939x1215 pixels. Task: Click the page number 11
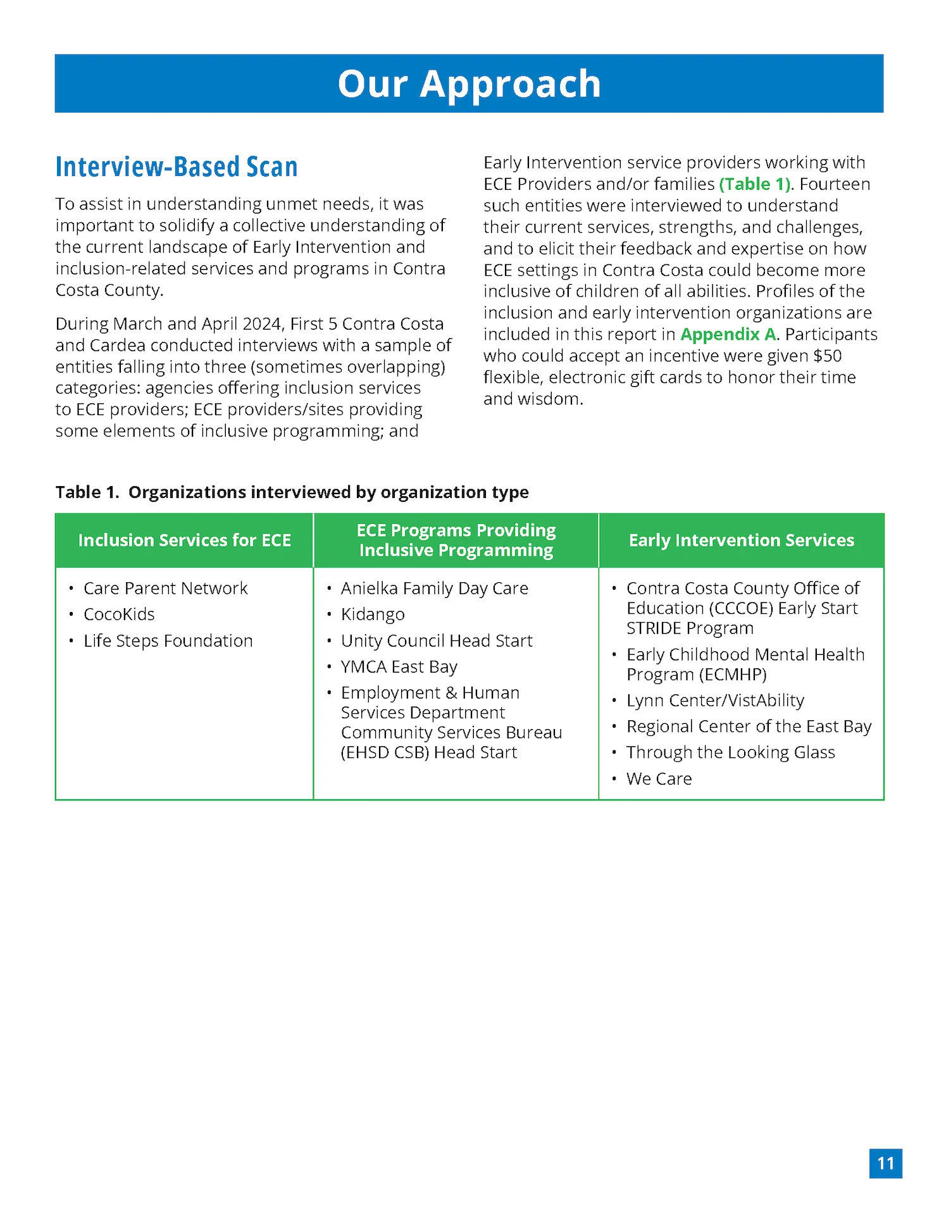[885, 1163]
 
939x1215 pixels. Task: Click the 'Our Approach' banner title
[469, 84]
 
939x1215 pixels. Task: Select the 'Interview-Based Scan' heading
[177, 167]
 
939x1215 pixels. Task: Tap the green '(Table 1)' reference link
[755, 184]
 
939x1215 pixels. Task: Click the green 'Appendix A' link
[728, 334]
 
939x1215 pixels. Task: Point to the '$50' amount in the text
[828, 356]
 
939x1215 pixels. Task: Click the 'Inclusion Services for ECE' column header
[184, 540]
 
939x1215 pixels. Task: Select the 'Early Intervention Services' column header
[741, 540]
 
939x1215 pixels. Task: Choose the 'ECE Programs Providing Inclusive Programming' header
[456, 540]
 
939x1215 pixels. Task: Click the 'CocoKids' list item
[119, 614]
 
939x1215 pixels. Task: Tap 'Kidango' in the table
[373, 614]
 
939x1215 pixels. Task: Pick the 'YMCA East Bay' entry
[399, 667]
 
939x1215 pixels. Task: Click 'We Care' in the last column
[659, 779]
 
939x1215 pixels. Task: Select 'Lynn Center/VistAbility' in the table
[715, 701]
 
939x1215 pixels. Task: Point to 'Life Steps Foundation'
[168, 641]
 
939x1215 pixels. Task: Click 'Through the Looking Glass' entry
[730, 752]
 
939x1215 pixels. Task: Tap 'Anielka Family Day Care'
[434, 589]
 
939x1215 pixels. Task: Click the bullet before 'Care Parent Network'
[72, 589]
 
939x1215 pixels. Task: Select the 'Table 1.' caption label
[87, 492]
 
